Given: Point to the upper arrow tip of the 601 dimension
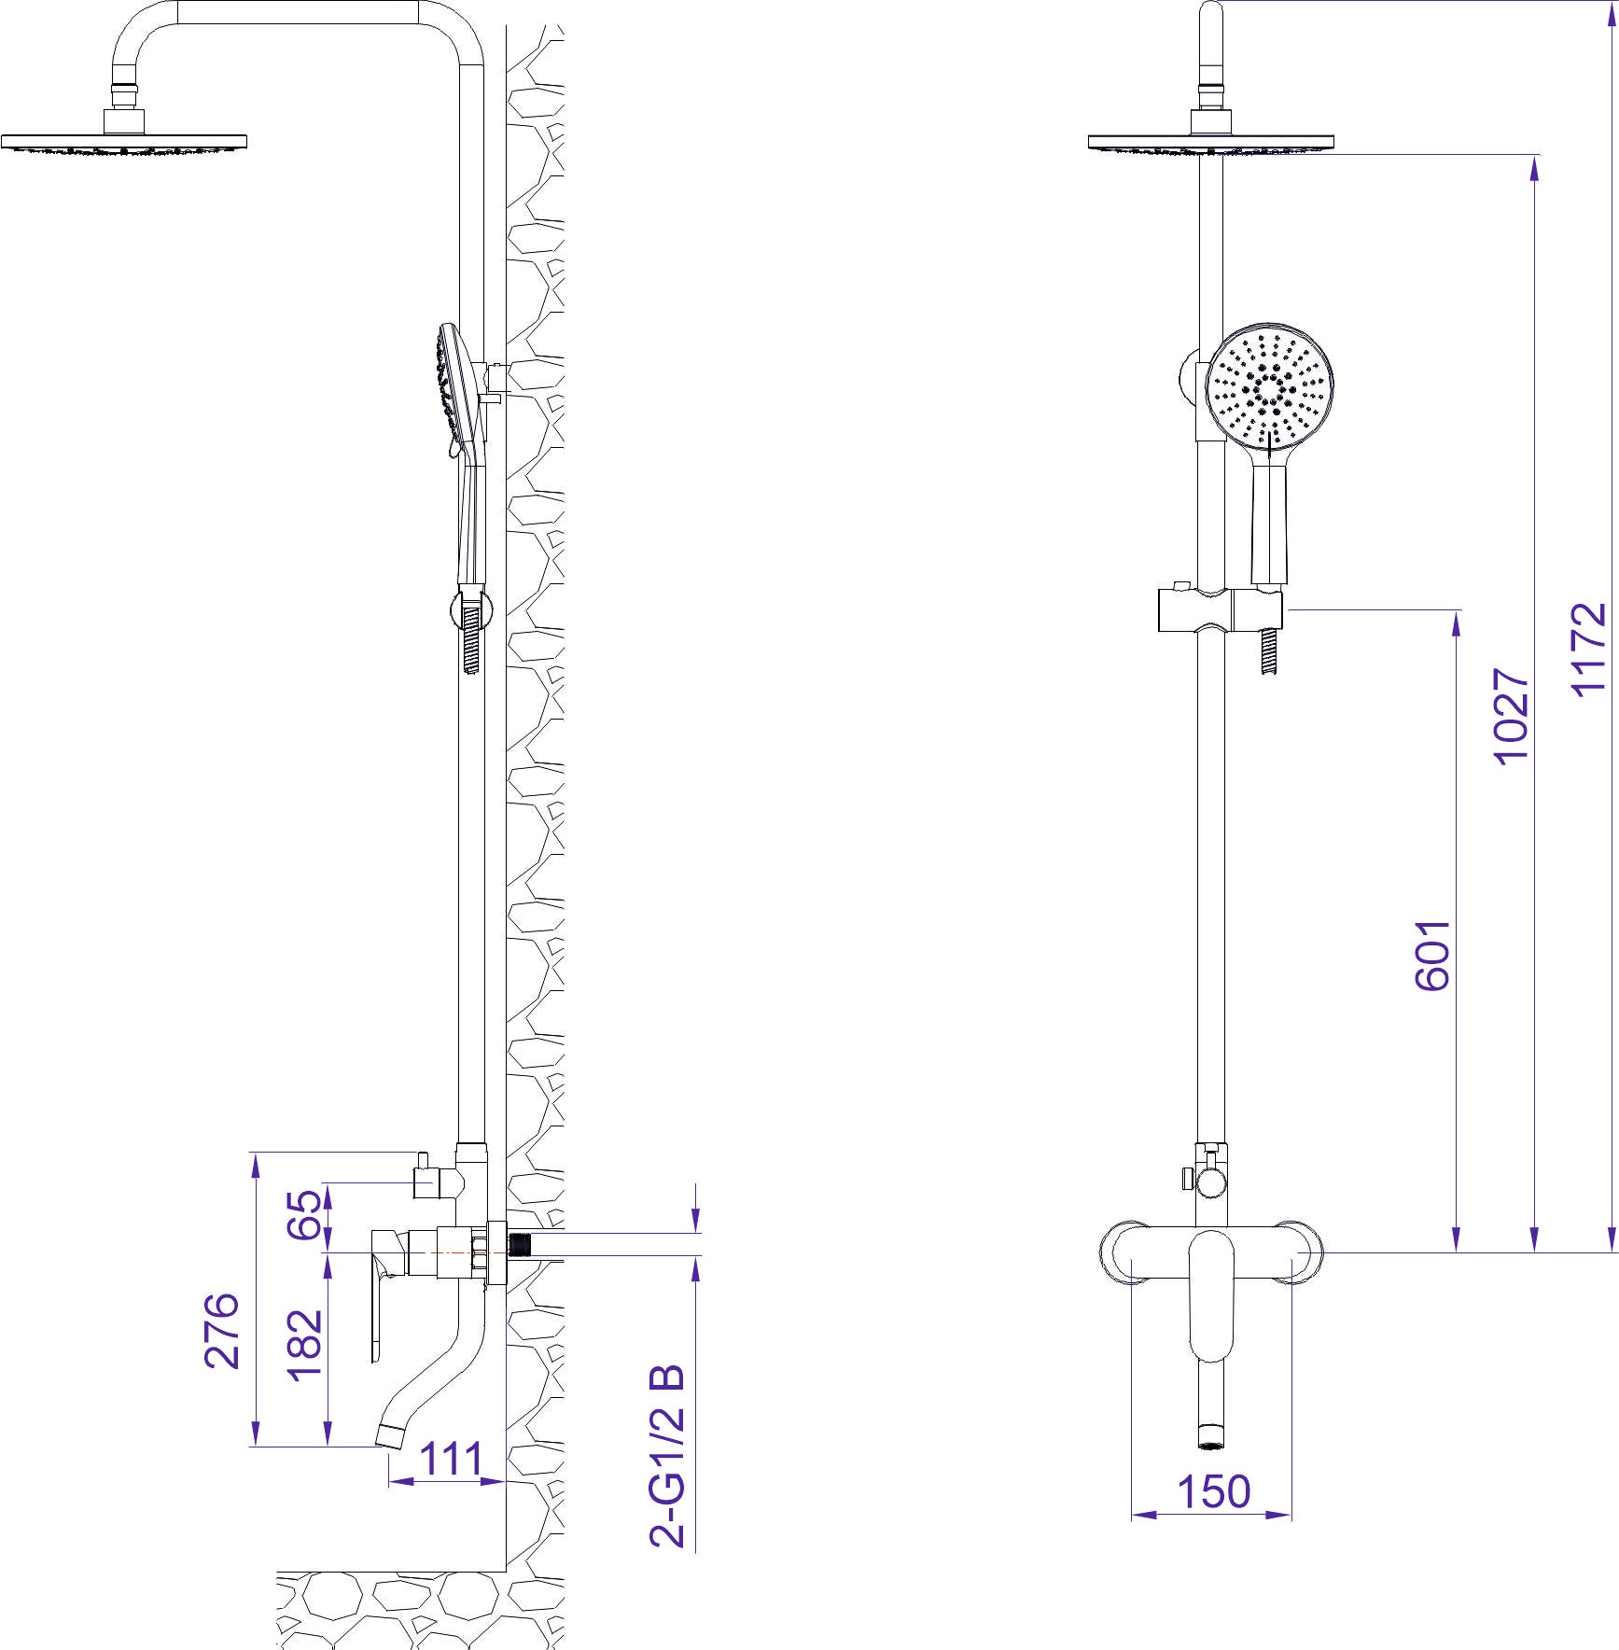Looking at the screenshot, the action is coord(1456,611).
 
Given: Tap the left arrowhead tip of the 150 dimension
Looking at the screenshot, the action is coord(1132,1514).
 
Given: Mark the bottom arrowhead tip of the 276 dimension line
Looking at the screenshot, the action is coord(254,1447).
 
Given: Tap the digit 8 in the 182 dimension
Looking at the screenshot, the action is coord(306,1345).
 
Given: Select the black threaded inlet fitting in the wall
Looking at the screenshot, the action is coord(519,1245).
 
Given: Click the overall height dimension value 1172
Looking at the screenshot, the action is coord(1589,650).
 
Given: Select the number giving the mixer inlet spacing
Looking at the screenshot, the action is coord(1213,1491).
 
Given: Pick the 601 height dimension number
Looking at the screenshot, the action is coord(1432,955).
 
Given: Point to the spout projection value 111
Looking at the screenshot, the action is coord(452,1458).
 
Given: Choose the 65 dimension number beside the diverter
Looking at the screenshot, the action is coord(306,1214).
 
